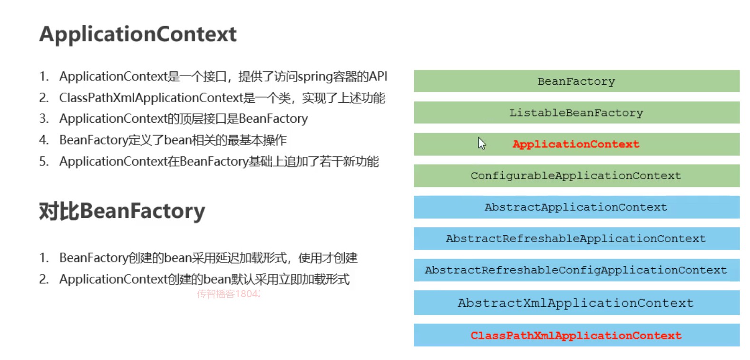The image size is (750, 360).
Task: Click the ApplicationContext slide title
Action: pyautogui.click(x=138, y=34)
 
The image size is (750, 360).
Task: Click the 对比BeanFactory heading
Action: pyautogui.click(x=122, y=211)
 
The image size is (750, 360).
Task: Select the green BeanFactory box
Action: pyautogui.click(x=576, y=81)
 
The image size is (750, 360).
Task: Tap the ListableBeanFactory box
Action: pyautogui.click(x=576, y=113)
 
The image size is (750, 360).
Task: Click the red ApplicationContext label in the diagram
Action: pyautogui.click(x=575, y=144)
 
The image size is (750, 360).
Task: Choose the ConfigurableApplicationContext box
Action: pyautogui.click(x=576, y=175)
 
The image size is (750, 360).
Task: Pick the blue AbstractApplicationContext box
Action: pyautogui.click(x=576, y=207)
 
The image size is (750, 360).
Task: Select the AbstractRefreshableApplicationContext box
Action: pyautogui.click(x=576, y=238)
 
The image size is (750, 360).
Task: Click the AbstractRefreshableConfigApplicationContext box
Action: pyautogui.click(x=576, y=270)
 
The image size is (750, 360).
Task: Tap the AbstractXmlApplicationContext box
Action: pyautogui.click(x=576, y=302)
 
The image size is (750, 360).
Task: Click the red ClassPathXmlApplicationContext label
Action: pyautogui.click(x=576, y=335)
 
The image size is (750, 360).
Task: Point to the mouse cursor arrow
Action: pyautogui.click(x=481, y=143)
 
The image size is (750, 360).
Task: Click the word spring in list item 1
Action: pyautogui.click(x=315, y=77)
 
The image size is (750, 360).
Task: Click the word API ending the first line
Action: pyautogui.click(x=378, y=77)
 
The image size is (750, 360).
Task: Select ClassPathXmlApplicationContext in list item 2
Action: pyautogui.click(x=151, y=98)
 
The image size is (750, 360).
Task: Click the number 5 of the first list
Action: pyautogui.click(x=43, y=162)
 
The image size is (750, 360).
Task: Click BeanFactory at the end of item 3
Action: pyautogui.click(x=273, y=119)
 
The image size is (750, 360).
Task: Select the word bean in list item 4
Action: pyautogui.click(x=177, y=140)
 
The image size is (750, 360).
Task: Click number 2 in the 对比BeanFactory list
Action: pyautogui.click(x=43, y=279)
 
